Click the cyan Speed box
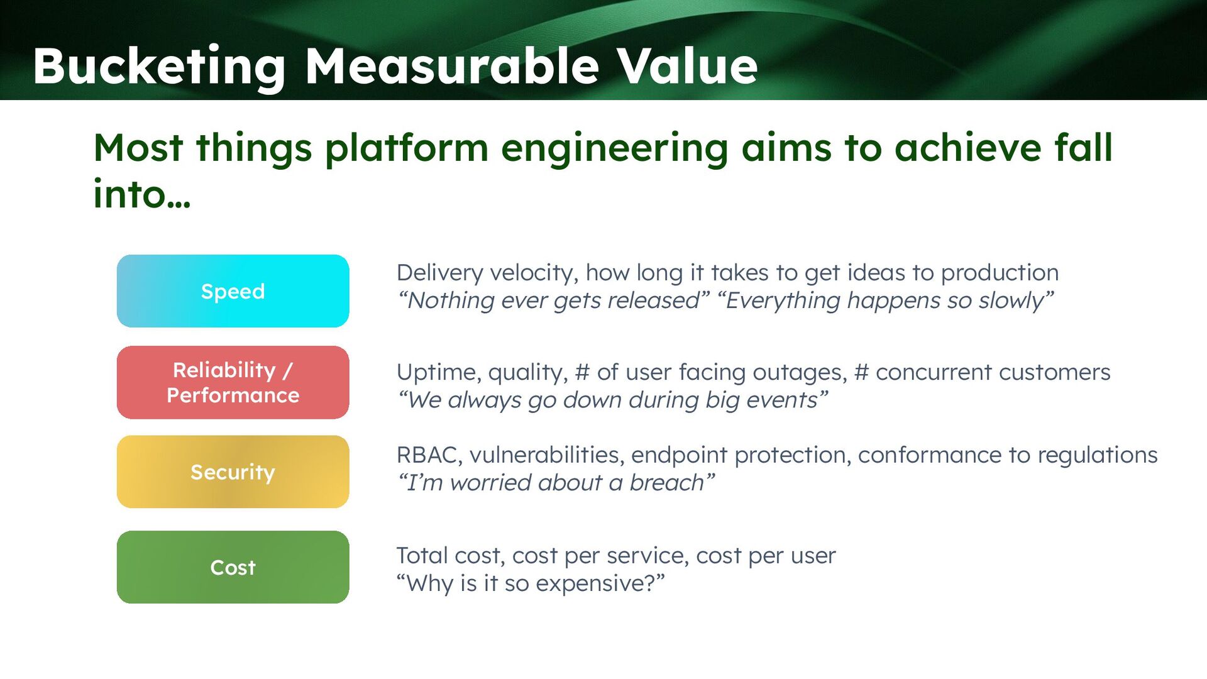233,291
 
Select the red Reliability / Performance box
233,382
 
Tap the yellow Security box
233,472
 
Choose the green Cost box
233,567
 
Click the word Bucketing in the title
159,66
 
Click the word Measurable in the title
452,66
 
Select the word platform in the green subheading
406,148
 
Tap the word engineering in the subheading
614,148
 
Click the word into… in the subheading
141,194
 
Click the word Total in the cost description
422,556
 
